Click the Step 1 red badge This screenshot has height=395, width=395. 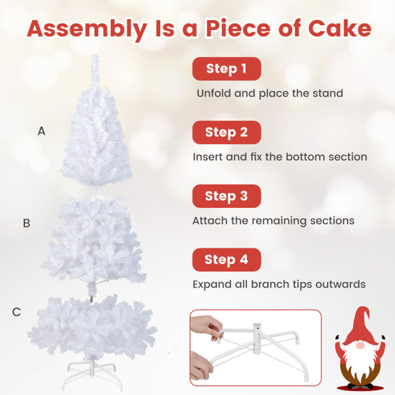click(227, 69)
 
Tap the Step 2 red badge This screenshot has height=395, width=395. click(227, 133)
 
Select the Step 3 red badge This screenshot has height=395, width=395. click(227, 196)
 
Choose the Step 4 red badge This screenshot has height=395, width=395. click(227, 259)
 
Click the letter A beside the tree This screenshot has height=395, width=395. click(42, 131)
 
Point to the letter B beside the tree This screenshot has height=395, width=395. click(26, 223)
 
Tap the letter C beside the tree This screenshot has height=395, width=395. click(16, 312)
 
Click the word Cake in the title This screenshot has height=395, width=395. click(340, 28)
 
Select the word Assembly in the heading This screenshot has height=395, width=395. click(87, 30)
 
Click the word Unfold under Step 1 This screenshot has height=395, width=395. click(213, 93)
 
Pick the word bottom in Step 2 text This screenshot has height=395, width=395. click(306, 157)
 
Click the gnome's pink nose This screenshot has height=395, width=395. click(360, 345)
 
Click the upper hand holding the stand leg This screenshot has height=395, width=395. click(205, 328)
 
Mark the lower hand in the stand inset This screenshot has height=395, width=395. click(201, 366)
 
